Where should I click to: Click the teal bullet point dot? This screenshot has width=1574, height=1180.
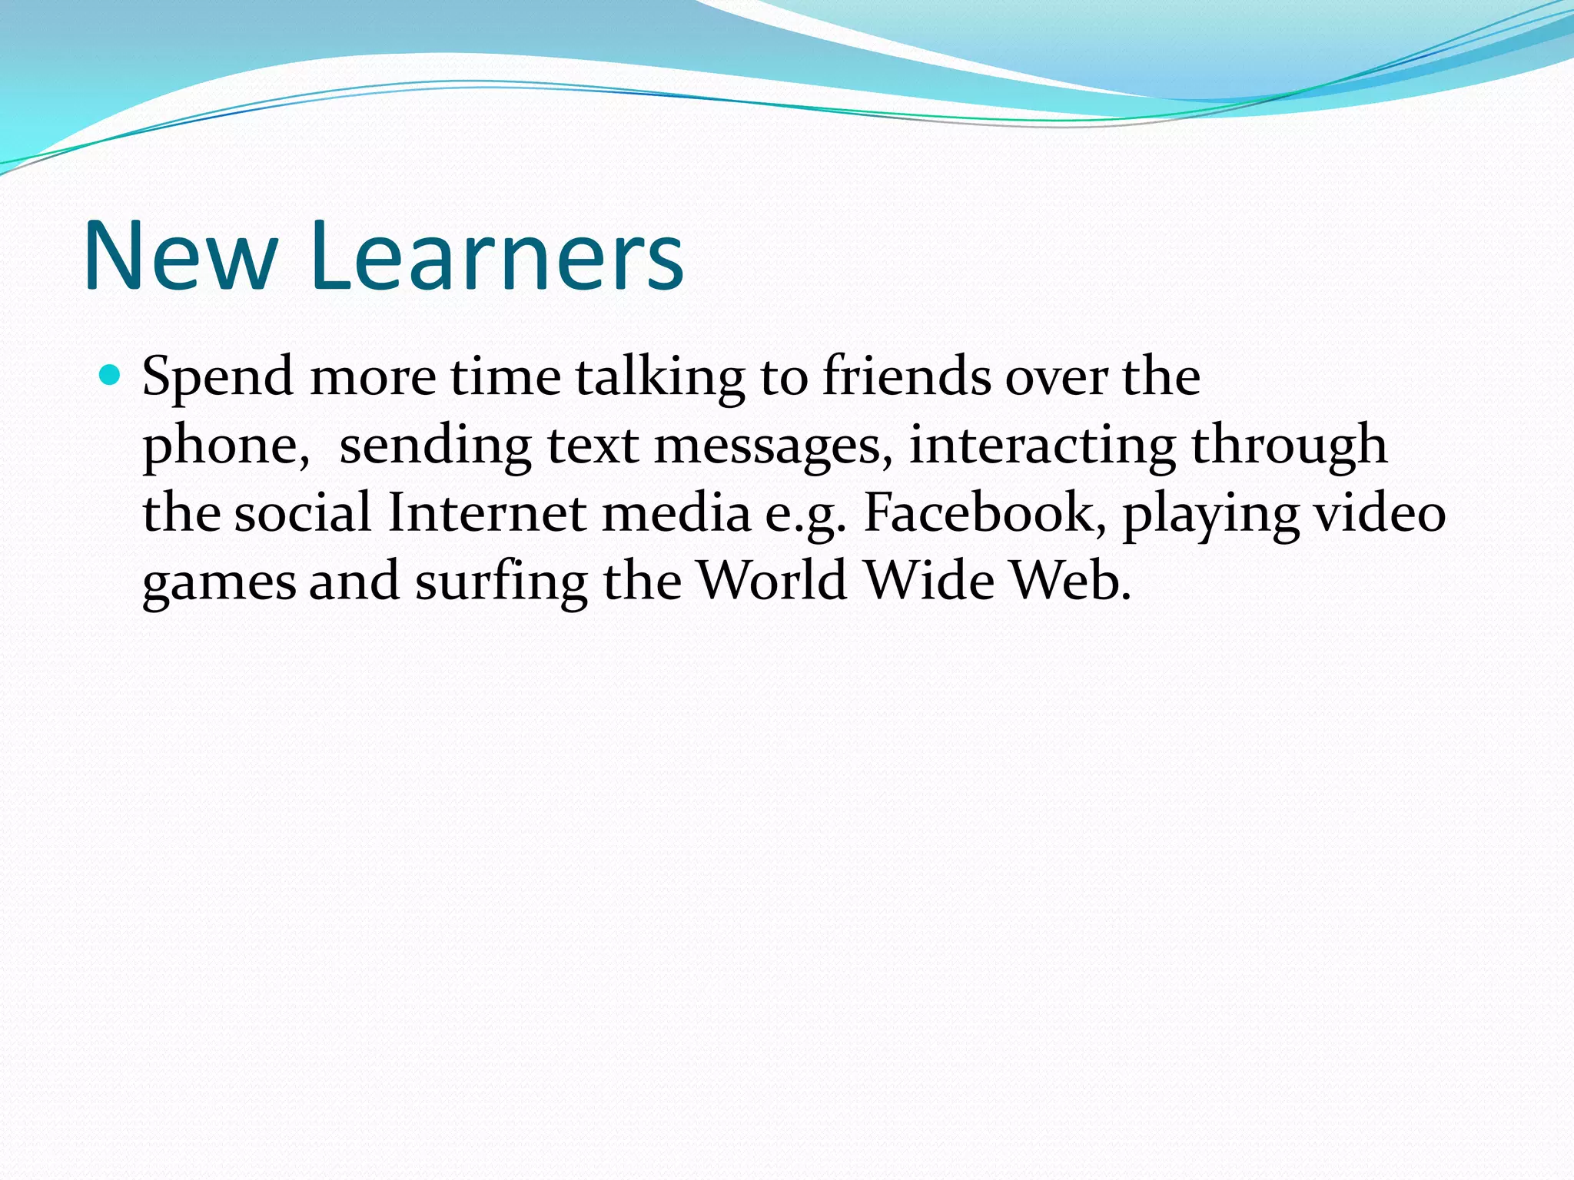pyautogui.click(x=111, y=376)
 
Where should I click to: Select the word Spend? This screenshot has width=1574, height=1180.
pyautogui.click(x=218, y=378)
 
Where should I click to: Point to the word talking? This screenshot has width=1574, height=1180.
pyautogui.click(x=659, y=378)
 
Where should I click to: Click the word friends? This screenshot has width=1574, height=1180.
pyautogui.click(x=906, y=378)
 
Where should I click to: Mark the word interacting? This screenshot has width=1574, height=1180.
pyautogui.click(x=1041, y=446)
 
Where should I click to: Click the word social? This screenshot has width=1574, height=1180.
pyautogui.click(x=303, y=512)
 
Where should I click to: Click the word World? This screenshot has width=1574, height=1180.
pyautogui.click(x=772, y=580)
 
